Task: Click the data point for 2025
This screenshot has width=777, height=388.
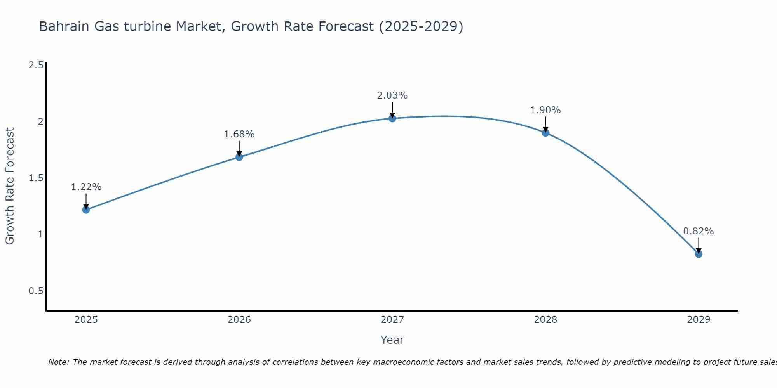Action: click(86, 210)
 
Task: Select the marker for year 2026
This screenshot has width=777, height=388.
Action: click(239, 157)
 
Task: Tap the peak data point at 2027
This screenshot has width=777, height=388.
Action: click(392, 118)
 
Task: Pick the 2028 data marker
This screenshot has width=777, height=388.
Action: click(545, 133)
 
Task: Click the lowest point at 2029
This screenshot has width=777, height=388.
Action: click(699, 254)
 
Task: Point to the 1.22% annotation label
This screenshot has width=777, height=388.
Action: click(86, 187)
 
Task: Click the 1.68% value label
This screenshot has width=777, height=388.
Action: click(239, 134)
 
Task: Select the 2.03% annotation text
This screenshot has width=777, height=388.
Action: click(392, 95)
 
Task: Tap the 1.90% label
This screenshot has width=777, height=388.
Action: click(545, 110)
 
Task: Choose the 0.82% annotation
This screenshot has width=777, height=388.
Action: click(699, 231)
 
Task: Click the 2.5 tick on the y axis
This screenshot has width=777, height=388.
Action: click(36, 65)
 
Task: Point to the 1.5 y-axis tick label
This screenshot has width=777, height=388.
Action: click(36, 178)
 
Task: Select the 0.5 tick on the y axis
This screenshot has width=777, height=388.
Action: click(36, 291)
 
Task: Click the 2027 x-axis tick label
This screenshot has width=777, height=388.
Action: click(392, 320)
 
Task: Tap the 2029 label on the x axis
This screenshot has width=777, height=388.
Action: click(699, 320)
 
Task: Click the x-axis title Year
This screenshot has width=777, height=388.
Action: click(392, 340)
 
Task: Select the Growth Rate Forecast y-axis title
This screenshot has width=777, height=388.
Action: click(10, 186)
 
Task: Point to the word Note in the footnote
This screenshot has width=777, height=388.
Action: click(58, 362)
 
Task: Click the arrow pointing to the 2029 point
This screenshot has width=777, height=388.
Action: click(699, 245)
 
